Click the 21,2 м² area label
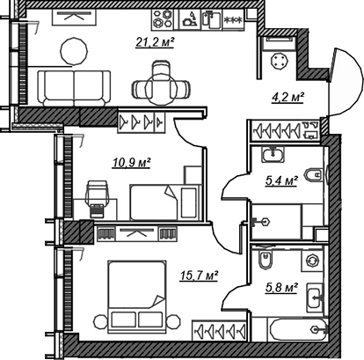point(155,42)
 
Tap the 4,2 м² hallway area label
point(288,97)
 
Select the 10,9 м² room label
point(132,162)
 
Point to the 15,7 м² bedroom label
point(200,276)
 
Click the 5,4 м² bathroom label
point(281,180)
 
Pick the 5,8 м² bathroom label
point(281,288)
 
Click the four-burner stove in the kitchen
point(163,18)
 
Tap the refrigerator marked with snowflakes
point(233,19)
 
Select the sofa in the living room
point(74,88)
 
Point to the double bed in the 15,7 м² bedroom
point(136,297)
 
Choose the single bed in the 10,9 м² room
point(165,202)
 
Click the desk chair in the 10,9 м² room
point(97,197)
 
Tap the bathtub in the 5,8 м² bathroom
point(298,331)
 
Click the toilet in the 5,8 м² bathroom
point(266,259)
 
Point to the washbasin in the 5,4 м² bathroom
point(273,154)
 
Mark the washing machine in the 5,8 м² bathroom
point(312,260)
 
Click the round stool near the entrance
point(280,61)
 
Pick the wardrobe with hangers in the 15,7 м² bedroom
point(220,330)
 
